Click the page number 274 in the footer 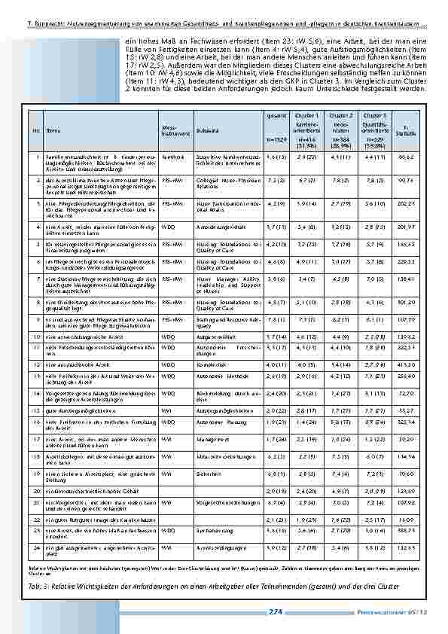tap(275, 612)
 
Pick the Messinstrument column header tap(172, 129)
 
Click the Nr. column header tap(35, 130)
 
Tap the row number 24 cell tap(35, 549)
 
